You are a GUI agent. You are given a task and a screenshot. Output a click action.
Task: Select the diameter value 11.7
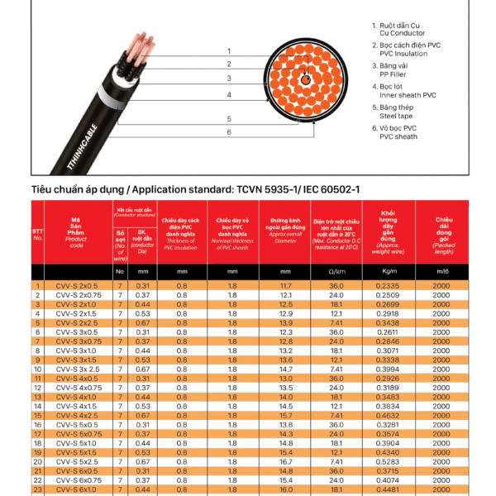click(286, 285)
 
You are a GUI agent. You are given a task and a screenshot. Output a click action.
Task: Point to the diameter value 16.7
click(286, 462)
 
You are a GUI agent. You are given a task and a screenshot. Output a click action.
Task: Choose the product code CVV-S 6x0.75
click(77, 480)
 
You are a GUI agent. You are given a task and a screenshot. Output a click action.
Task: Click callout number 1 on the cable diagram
click(229, 50)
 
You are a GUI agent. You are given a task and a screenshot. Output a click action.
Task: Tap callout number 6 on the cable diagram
click(229, 131)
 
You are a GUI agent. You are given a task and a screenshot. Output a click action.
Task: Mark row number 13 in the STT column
click(37, 397)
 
